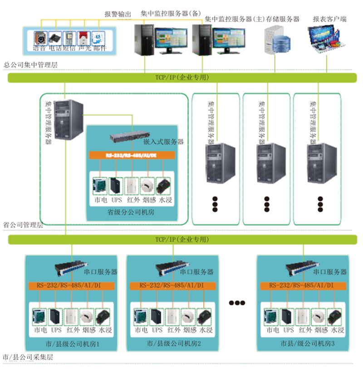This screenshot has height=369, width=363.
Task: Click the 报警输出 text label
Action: click(x=118, y=15)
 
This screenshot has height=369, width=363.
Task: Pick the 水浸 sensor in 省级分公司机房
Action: click(x=163, y=185)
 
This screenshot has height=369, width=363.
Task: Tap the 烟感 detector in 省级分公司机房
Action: click(x=148, y=185)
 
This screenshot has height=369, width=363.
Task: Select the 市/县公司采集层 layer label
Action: click(x=28, y=358)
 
